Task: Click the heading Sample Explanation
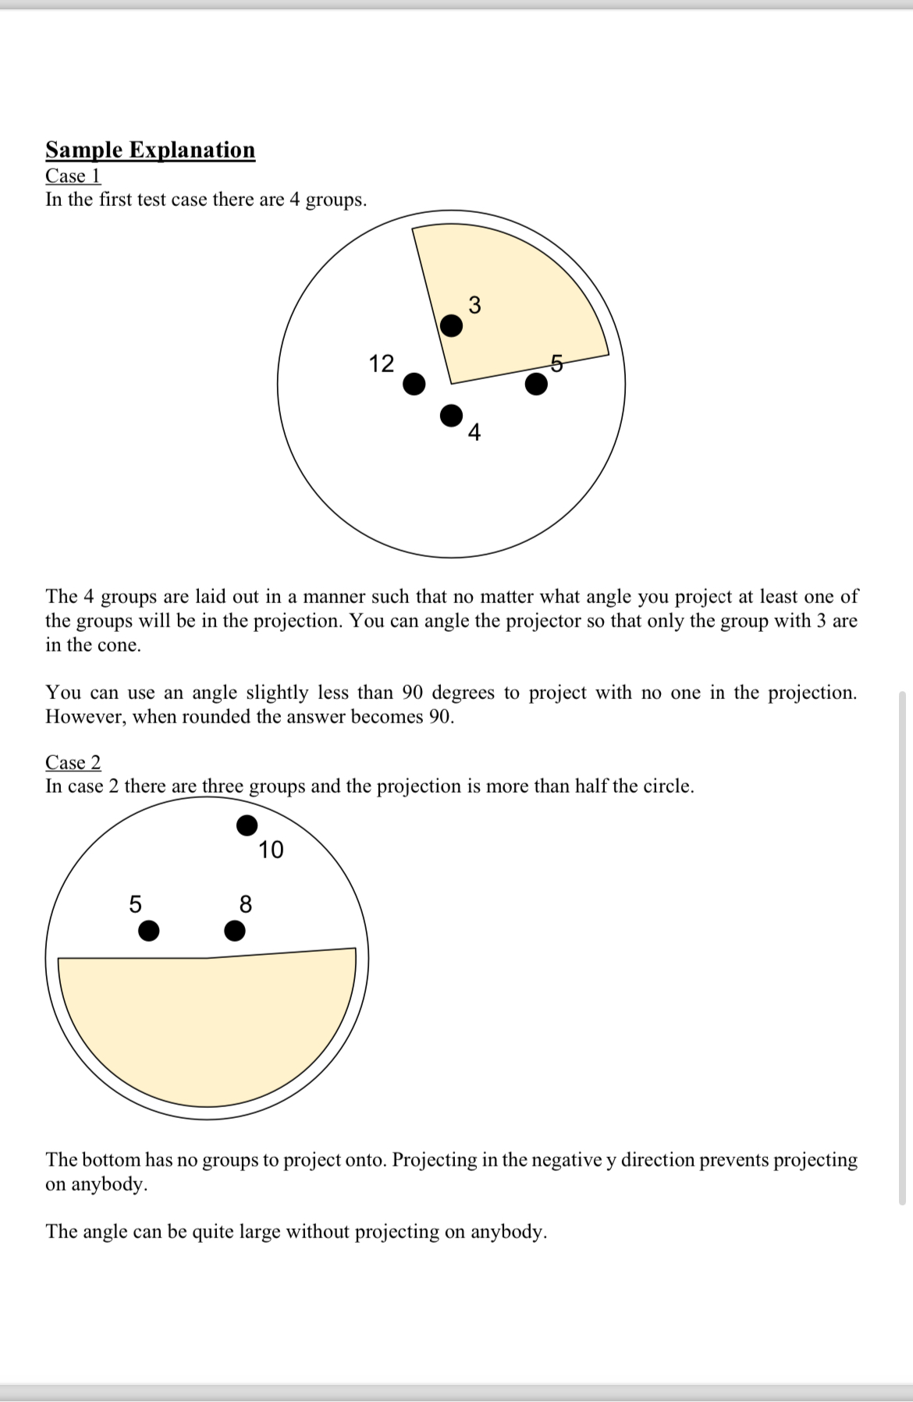[x=150, y=150]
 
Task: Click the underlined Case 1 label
[x=73, y=176]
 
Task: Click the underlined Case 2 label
[x=73, y=762]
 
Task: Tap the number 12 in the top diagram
[x=382, y=364]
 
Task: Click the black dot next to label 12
[x=414, y=383]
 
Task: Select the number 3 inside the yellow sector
[x=474, y=305]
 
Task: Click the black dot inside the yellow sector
[x=451, y=325]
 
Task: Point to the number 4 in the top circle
[x=474, y=431]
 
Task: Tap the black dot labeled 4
[x=451, y=416]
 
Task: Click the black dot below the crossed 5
[x=536, y=384]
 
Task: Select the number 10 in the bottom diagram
[x=271, y=850]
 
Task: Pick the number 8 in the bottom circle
[x=245, y=904]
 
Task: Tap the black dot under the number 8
[x=234, y=931]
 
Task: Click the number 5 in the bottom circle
[x=135, y=904]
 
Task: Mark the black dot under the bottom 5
[x=148, y=931]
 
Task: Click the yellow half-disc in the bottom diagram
[x=207, y=1030]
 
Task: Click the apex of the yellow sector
[x=450, y=384]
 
